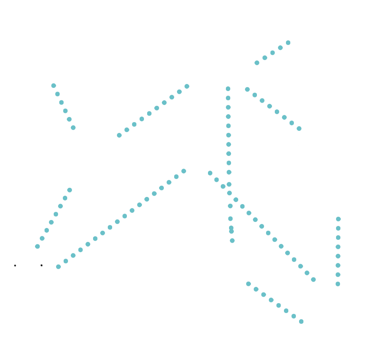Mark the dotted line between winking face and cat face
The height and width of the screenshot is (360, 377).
[x=338, y=251]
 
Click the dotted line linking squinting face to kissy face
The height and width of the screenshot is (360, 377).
[x=64, y=106]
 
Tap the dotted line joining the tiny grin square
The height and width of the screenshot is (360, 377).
[x=274, y=53]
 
